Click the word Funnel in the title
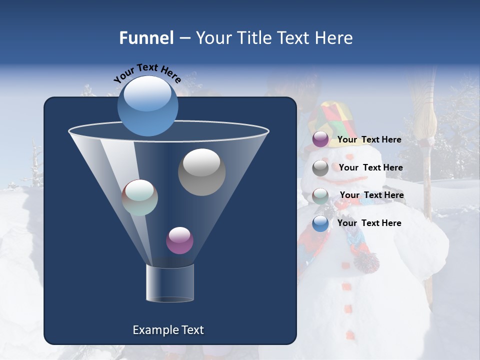[146, 38]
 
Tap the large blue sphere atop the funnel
[147, 105]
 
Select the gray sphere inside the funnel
[201, 172]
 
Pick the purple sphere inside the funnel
[179, 240]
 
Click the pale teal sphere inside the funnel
[140, 197]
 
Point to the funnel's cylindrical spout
[169, 283]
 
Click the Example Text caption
[168, 330]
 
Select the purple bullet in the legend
[320, 139]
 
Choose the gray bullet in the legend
[320, 168]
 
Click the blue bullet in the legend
[320, 223]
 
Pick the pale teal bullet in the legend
[320, 195]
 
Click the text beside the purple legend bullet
[369, 139]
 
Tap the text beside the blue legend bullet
[369, 223]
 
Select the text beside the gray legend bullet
[370, 167]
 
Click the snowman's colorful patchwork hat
[331, 120]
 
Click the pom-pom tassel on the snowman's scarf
[366, 261]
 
